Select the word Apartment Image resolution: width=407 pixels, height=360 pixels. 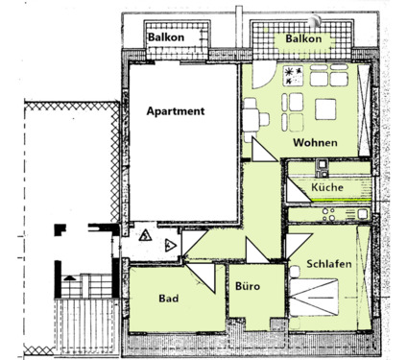(x=176, y=111)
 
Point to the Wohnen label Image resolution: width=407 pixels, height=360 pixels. (x=315, y=143)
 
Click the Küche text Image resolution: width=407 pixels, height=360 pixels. (x=326, y=188)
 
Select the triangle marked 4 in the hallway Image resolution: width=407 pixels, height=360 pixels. (x=169, y=245)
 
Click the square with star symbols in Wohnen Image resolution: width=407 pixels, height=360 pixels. (x=292, y=75)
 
